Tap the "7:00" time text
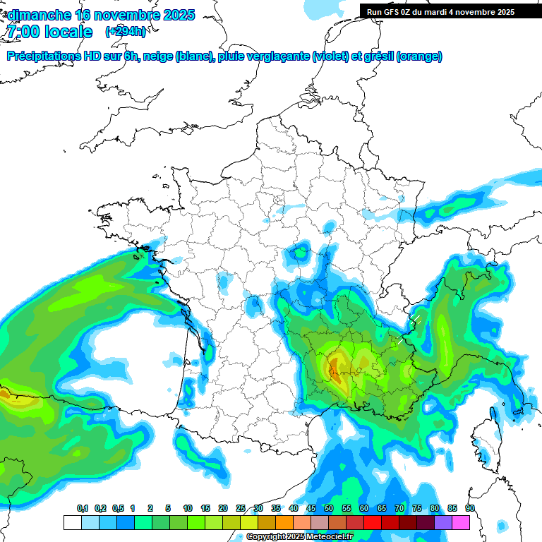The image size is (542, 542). point(23,32)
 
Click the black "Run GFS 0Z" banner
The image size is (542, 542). point(440,11)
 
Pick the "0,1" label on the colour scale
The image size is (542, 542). point(83,509)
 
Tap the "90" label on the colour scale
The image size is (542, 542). point(469,509)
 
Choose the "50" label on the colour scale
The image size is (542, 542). point(329,509)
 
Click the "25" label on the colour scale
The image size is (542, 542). point(241,509)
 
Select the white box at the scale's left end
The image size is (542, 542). point(72,522)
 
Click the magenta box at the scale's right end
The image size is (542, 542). point(461,522)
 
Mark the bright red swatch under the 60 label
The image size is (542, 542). point(373,522)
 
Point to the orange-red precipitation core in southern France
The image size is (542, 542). point(335,367)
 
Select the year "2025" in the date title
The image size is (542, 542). point(178,15)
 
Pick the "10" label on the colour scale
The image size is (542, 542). point(188,509)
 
